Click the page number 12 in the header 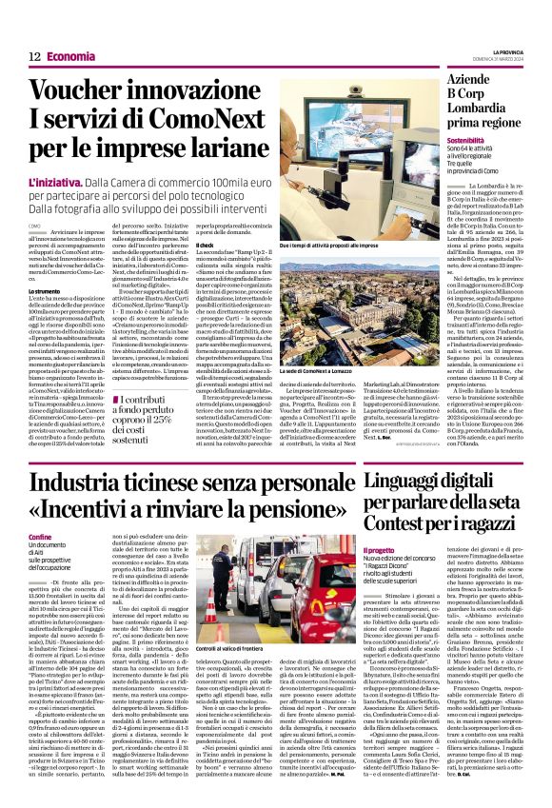[x=33, y=57]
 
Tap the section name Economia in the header [x=70, y=57]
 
